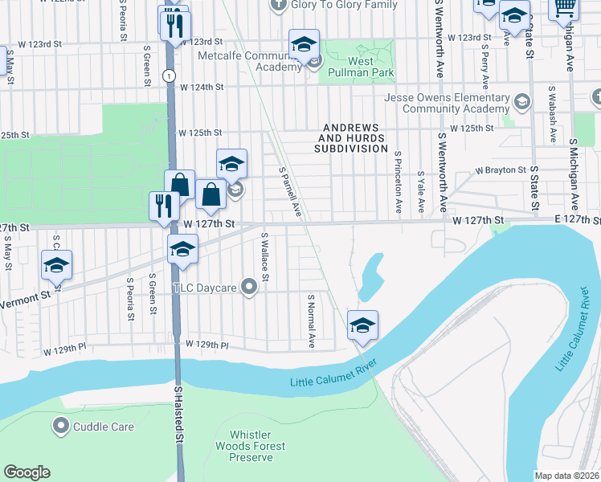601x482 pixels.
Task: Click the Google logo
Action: [x=27, y=472]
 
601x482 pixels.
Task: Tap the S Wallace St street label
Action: [x=264, y=257]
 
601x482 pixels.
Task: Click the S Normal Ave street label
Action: [x=311, y=320]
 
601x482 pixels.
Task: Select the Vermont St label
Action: [x=24, y=296]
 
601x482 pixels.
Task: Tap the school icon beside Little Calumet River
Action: [x=362, y=325]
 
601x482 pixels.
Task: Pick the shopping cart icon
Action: [x=564, y=8]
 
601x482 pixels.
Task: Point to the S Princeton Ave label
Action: [x=397, y=182]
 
